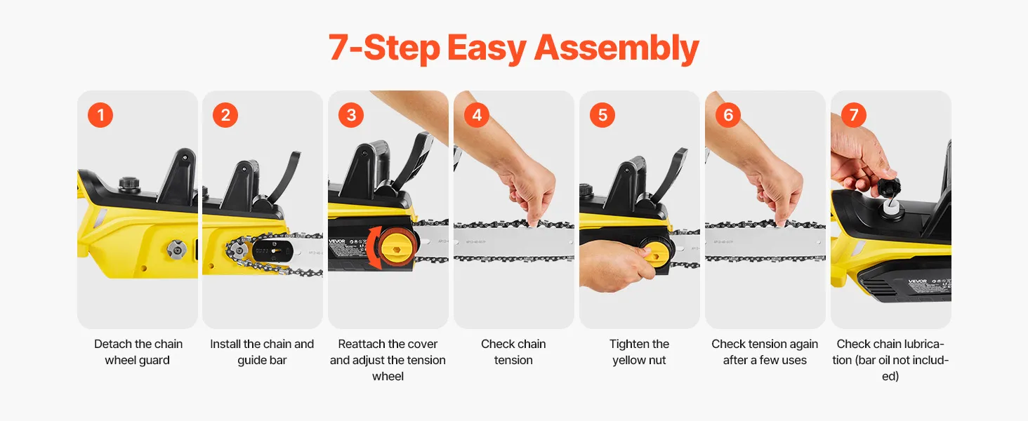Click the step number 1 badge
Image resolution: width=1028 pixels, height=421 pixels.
tap(100, 114)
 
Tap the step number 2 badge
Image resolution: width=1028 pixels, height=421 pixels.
tap(225, 114)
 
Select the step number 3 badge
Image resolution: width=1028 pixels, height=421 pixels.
tap(351, 114)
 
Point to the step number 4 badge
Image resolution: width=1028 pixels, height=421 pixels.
tap(477, 114)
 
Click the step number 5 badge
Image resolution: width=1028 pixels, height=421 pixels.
tap(602, 114)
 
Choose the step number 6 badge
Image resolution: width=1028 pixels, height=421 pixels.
tap(728, 114)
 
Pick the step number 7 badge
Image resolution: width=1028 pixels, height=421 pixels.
tap(854, 114)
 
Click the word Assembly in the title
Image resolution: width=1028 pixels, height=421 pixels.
tap(617, 48)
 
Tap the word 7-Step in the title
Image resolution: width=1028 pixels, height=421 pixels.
tap(384, 48)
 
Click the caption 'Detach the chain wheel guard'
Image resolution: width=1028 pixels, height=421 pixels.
tap(138, 352)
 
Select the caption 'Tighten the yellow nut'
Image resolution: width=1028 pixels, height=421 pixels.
tap(639, 352)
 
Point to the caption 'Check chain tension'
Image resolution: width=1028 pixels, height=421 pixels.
tap(513, 352)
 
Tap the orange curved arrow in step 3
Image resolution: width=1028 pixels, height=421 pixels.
tap(372, 248)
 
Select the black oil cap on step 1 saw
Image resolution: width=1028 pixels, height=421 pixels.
tap(129, 184)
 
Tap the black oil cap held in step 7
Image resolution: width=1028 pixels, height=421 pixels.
tap(890, 187)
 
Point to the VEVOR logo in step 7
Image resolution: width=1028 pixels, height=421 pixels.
tap(917, 281)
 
